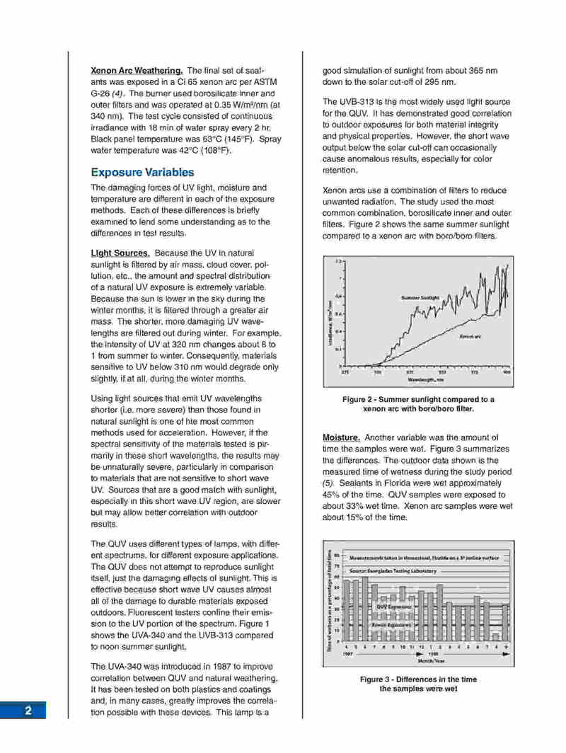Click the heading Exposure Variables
141,173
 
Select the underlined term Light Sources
120,253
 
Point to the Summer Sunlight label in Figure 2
422,298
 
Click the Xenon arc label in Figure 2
471,336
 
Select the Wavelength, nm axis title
424,379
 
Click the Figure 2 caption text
417,404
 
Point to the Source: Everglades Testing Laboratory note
395,570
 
